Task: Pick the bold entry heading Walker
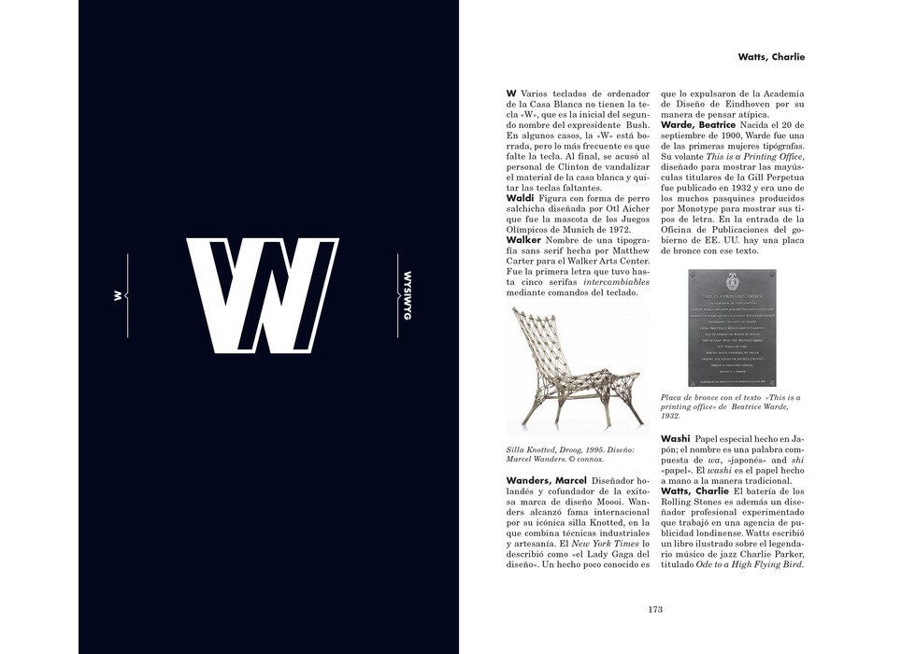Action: click(523, 240)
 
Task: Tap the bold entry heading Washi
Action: click(675, 438)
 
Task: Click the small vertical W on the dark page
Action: click(118, 295)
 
